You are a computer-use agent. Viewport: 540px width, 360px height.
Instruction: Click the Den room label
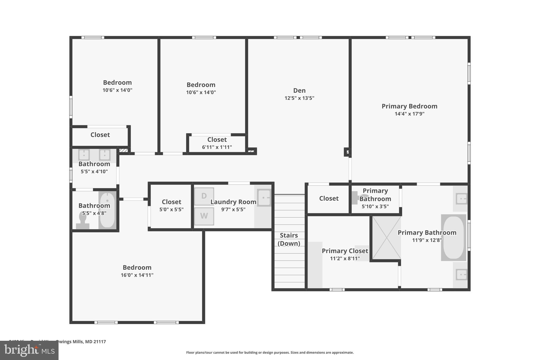tap(299, 90)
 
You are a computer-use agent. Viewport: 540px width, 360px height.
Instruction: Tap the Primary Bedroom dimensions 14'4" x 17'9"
tap(409, 114)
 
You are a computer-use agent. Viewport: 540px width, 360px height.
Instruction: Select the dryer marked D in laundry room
tap(204, 196)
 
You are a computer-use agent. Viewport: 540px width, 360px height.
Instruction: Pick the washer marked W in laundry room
tap(204, 216)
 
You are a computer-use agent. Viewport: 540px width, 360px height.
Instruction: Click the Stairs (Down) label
tap(289, 239)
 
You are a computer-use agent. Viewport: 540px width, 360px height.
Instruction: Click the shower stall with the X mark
tap(387, 238)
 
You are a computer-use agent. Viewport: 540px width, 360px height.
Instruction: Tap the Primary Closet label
tap(345, 251)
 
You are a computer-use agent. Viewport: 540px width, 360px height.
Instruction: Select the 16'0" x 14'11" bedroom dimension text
tap(137, 275)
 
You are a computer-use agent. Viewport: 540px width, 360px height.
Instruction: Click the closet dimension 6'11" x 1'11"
tap(217, 147)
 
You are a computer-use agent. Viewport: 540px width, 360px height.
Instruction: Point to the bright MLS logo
tap(29, 350)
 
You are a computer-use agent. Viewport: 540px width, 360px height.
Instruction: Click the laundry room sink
tap(264, 198)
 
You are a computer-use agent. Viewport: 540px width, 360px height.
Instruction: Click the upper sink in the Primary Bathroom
tap(461, 199)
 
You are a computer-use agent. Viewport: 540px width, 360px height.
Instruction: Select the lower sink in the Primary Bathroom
tap(461, 275)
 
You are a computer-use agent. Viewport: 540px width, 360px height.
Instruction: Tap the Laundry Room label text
tap(233, 202)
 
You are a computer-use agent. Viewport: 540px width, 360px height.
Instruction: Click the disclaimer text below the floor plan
tap(270, 353)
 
